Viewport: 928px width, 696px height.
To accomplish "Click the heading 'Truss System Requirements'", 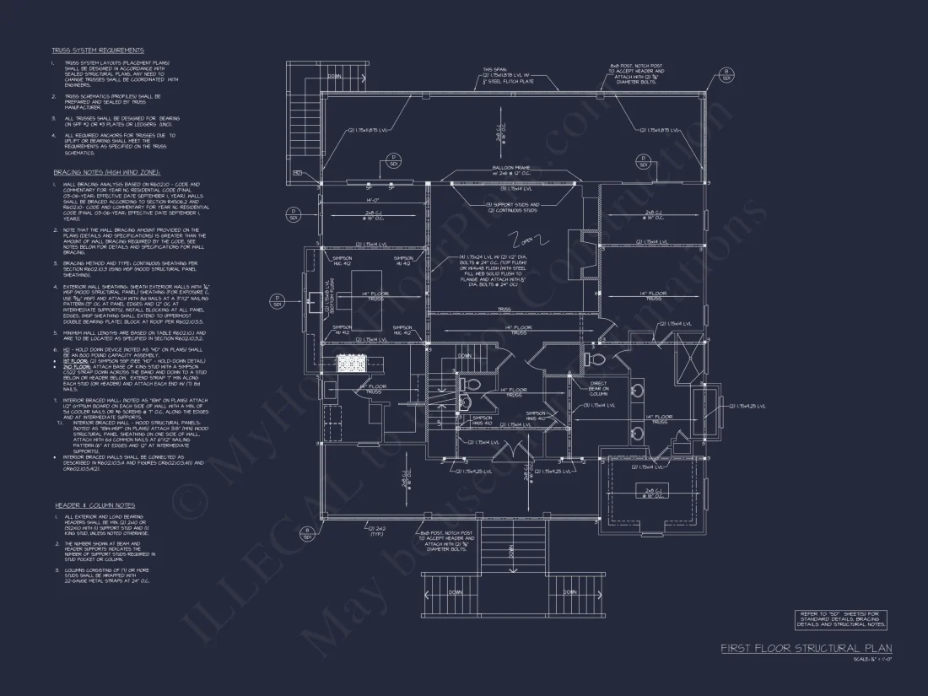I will tap(98, 51).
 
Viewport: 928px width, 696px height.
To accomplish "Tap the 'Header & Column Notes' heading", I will tap(95, 504).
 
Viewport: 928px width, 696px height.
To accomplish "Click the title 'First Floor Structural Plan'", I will tap(806, 648).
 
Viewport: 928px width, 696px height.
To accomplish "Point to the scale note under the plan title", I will tap(872, 659).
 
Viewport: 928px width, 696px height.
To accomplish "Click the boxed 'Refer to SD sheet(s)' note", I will tap(840, 620).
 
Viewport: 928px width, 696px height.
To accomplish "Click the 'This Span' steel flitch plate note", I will tap(508, 76).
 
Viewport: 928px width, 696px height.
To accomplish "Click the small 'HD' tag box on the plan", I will tap(297, 173).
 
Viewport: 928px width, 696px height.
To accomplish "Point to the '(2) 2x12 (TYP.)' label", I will tap(377, 531).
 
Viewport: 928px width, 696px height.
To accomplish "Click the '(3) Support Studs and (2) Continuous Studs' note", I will tap(511, 208).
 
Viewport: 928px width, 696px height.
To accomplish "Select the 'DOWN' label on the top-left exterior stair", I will tap(335, 76).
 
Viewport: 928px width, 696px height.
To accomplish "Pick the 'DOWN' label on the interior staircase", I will tap(465, 355).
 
